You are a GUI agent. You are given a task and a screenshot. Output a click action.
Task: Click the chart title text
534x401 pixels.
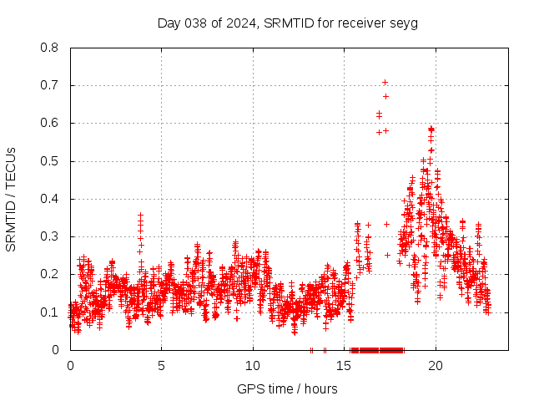coord(287,23)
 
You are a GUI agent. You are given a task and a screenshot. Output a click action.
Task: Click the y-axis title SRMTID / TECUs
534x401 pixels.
coord(11,199)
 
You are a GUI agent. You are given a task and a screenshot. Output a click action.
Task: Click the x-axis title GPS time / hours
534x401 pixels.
coord(287,388)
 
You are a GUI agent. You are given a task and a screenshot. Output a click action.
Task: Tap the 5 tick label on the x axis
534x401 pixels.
coord(162,365)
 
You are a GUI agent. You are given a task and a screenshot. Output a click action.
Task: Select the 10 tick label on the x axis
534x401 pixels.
coord(253,365)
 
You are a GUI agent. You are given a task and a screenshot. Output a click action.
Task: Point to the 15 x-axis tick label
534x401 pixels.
coord(345,365)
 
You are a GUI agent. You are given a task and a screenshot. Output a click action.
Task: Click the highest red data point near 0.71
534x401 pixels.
coord(385,82)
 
